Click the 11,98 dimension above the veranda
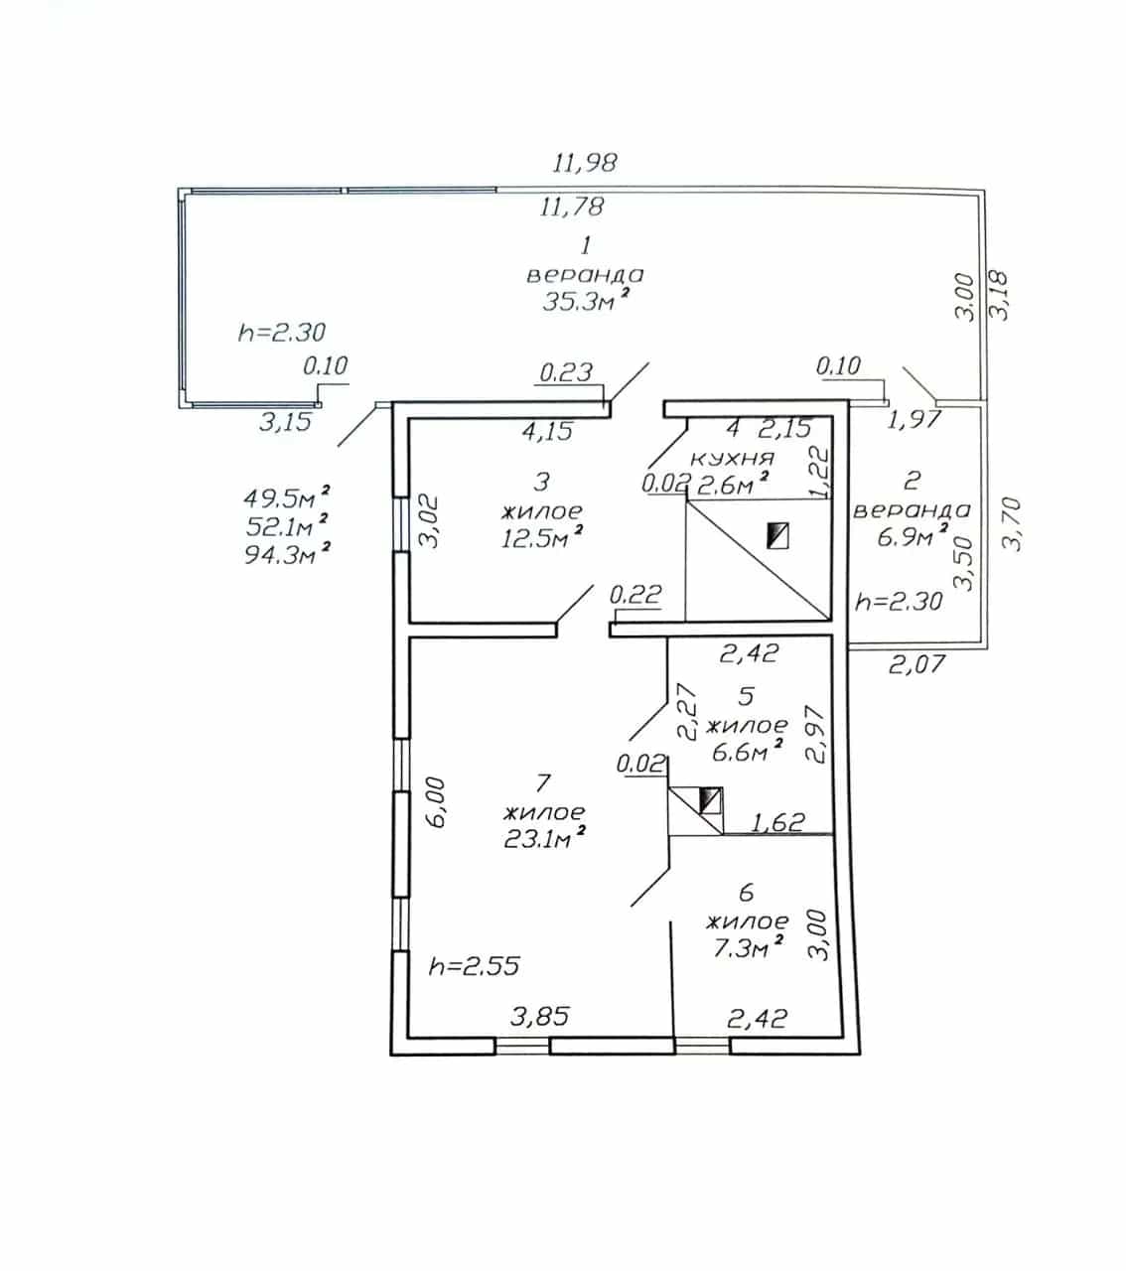pyautogui.click(x=585, y=163)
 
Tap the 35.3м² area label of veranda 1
pyautogui.click(x=585, y=301)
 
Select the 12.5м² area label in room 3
pyautogui.click(x=541, y=537)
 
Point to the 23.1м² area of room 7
pyautogui.click(x=544, y=837)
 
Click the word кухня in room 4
pyautogui.click(x=733, y=459)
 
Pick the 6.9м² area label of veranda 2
pyautogui.click(x=912, y=536)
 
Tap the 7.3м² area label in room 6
pyautogui.click(x=747, y=947)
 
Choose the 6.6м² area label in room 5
pyautogui.click(x=747, y=751)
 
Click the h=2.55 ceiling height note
pyautogui.click(x=475, y=966)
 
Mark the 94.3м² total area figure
pyautogui.click(x=287, y=553)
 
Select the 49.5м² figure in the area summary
pyautogui.click(x=286, y=497)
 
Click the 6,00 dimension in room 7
pyautogui.click(x=436, y=803)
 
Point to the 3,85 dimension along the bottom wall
pyautogui.click(x=540, y=1016)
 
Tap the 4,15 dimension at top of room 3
pyautogui.click(x=548, y=431)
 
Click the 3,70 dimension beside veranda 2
pyautogui.click(x=1011, y=524)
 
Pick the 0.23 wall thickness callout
pyautogui.click(x=566, y=372)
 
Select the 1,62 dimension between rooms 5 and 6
pyautogui.click(x=777, y=822)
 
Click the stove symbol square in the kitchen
pyautogui.click(x=777, y=536)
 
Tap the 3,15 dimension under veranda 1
pyautogui.click(x=285, y=422)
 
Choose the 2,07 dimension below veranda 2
pyautogui.click(x=916, y=663)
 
